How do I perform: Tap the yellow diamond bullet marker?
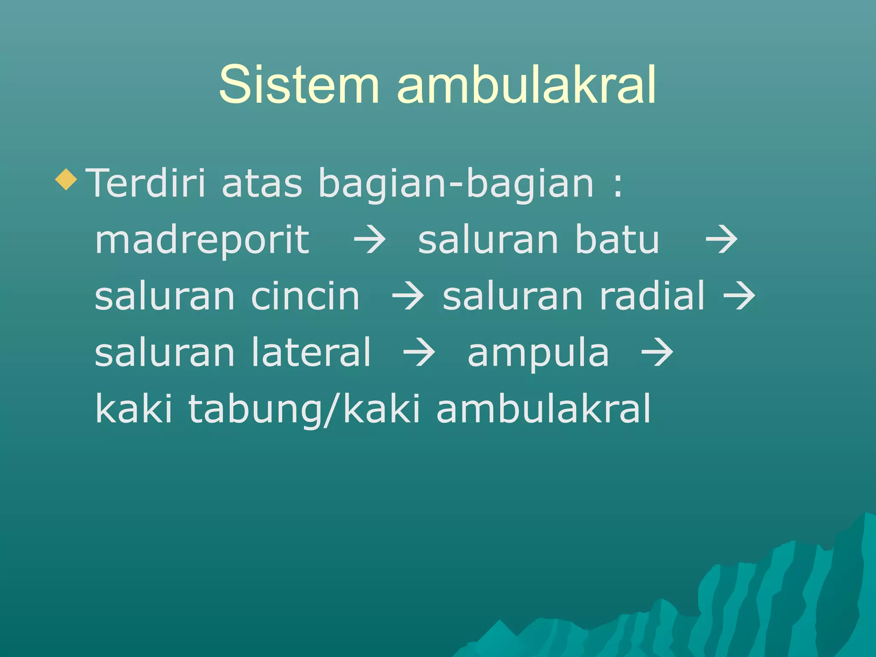66,179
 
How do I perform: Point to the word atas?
262,183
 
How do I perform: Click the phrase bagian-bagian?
456,183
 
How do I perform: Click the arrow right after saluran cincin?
408,297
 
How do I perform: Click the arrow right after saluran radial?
739,297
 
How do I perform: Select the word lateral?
311,352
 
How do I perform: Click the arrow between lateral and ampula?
419,353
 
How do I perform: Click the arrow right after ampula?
657,353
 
